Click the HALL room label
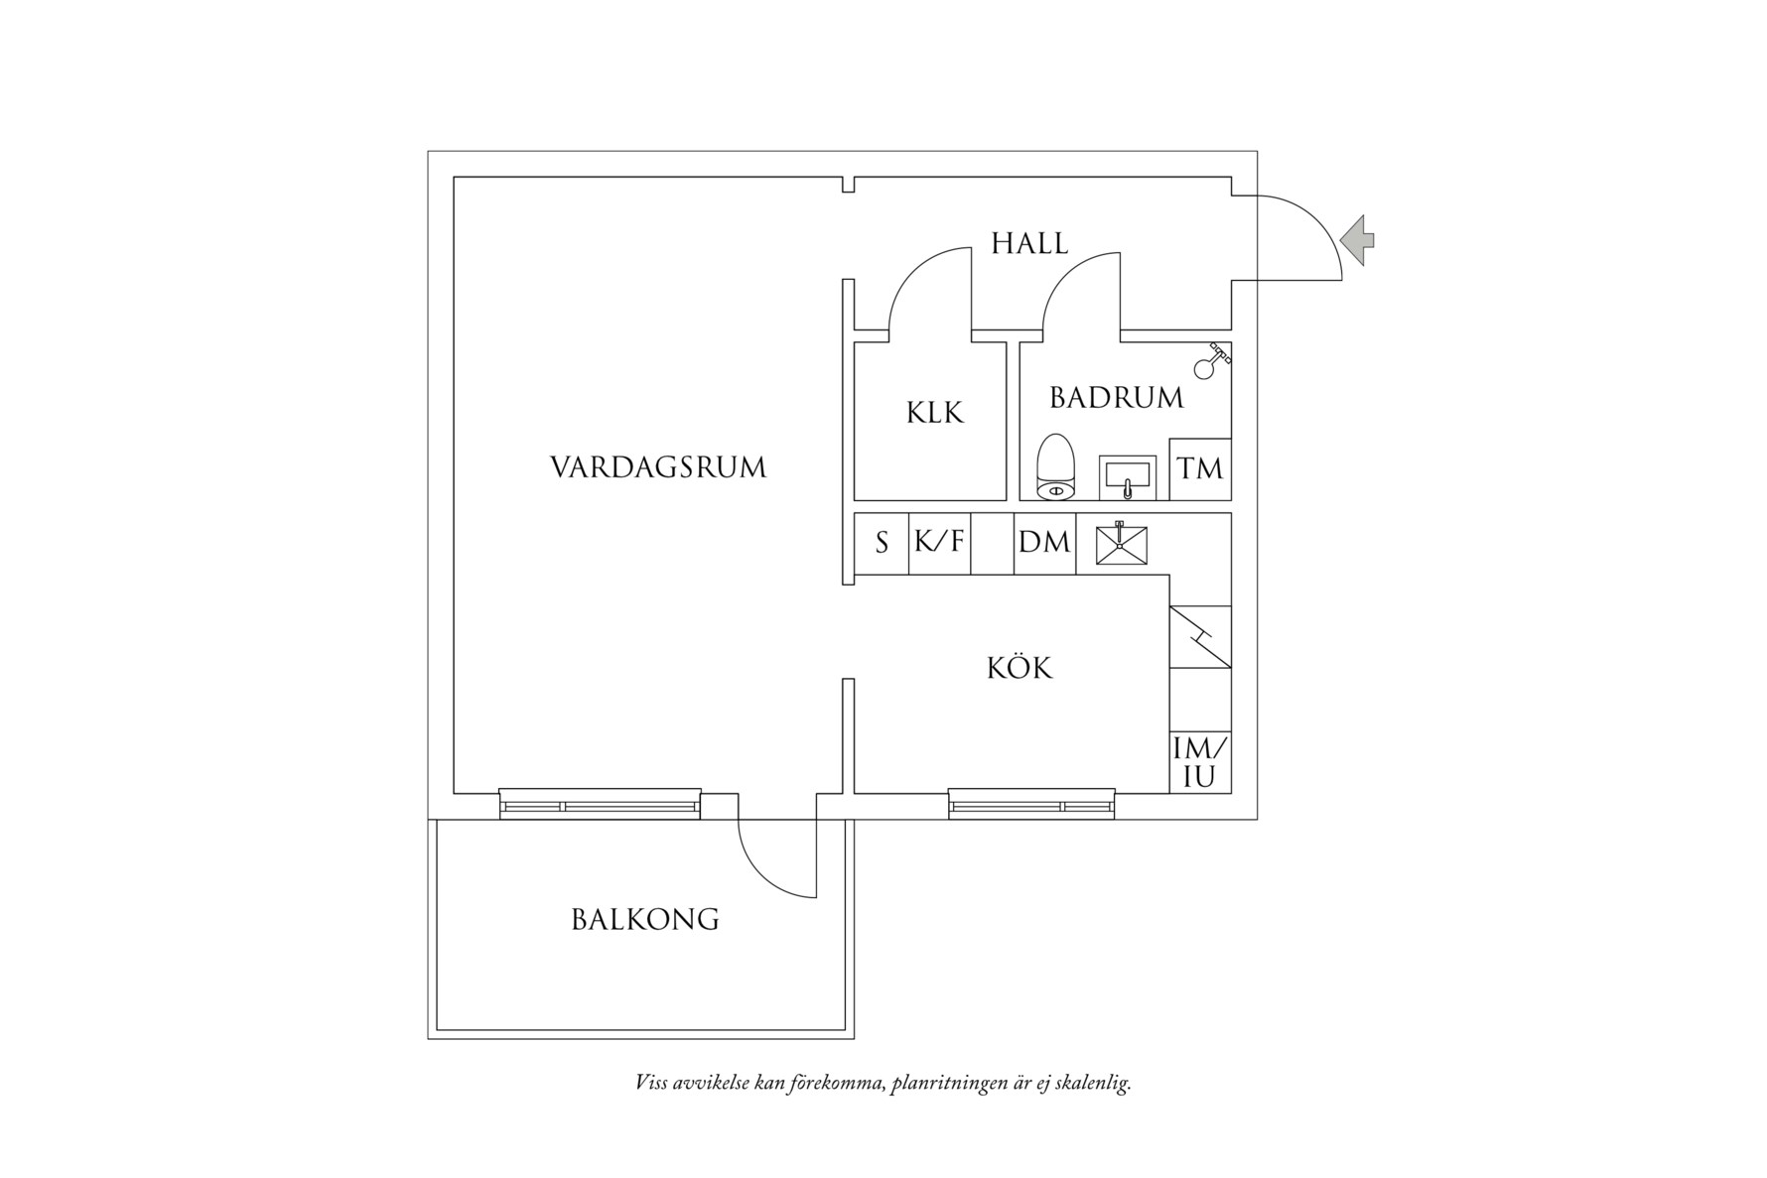[x=1029, y=244]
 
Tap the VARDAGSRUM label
[x=658, y=467]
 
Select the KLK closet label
[x=934, y=413]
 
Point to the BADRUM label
[x=1117, y=398]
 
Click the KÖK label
[x=1019, y=668]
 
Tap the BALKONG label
[x=645, y=920]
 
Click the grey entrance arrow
[x=1356, y=240]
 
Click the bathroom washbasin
[x=1127, y=476]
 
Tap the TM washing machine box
[x=1200, y=468]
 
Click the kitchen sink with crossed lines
[x=1121, y=545]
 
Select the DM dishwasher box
[x=1044, y=543]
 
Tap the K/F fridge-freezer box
[x=939, y=543]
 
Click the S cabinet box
[x=882, y=543]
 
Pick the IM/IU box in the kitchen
[x=1200, y=762]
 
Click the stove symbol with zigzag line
[x=1200, y=636]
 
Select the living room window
[x=600, y=804]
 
